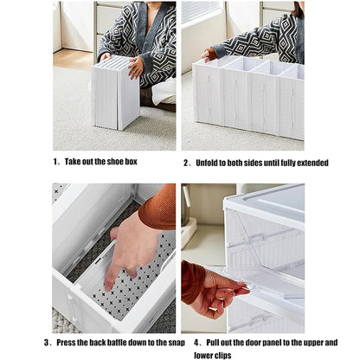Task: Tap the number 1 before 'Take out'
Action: (56, 161)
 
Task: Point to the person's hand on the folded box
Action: (136, 67)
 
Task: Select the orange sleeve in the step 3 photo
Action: (159, 208)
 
